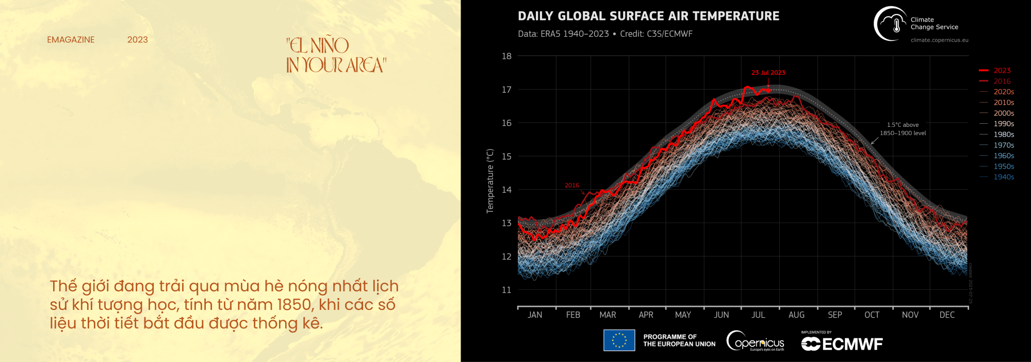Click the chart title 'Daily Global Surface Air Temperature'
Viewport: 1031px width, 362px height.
(648, 16)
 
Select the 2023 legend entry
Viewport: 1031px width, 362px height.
(1002, 71)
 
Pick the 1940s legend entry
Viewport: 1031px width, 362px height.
(1003, 177)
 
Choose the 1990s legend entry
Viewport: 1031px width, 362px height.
(1003, 124)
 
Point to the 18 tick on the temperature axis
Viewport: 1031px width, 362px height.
(506, 56)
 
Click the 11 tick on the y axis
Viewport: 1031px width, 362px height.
(506, 290)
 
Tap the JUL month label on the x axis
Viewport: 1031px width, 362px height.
(758, 315)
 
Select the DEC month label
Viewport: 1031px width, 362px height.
(946, 315)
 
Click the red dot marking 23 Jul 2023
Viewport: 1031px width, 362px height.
(768, 90)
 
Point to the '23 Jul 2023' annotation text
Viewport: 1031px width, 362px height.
(768, 73)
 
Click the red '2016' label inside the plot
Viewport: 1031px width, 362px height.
(571, 185)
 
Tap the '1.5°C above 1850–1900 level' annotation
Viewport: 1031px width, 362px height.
(903, 129)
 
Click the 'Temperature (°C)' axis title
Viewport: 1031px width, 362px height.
(490, 180)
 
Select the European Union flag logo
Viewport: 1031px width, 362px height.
(619, 340)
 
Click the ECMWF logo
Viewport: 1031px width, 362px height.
(842, 343)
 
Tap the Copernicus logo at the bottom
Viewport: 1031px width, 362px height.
(756, 341)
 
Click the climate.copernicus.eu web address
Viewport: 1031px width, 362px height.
(939, 40)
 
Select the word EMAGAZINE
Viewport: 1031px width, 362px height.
(71, 40)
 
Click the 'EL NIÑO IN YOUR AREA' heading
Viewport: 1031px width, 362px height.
(335, 55)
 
